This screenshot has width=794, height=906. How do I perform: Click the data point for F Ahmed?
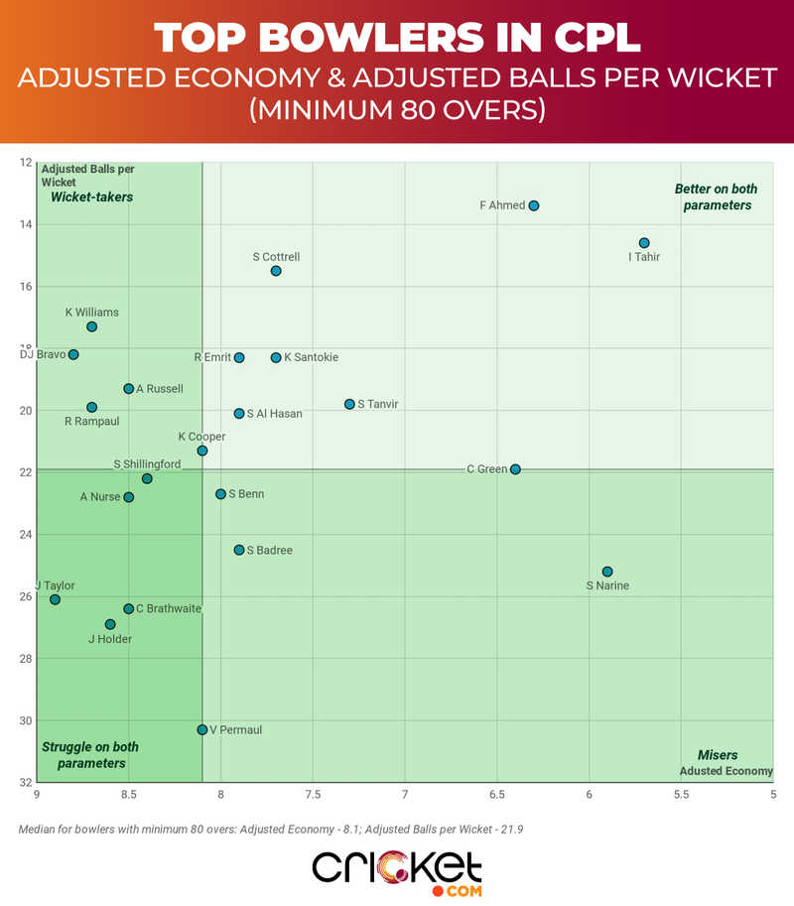pyautogui.click(x=534, y=205)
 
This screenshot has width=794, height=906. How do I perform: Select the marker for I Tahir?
pyautogui.click(x=644, y=243)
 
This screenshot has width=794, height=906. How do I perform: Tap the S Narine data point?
pyautogui.click(x=607, y=572)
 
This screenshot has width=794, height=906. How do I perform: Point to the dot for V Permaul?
pyautogui.click(x=202, y=729)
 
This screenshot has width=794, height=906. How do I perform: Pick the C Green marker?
pyautogui.click(x=515, y=469)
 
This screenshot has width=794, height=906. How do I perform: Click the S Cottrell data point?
pyautogui.click(x=276, y=271)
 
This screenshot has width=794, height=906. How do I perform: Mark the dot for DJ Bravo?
pyautogui.click(x=73, y=354)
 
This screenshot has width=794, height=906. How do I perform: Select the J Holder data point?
pyautogui.click(x=110, y=624)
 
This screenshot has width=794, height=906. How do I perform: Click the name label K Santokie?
pyautogui.click(x=311, y=357)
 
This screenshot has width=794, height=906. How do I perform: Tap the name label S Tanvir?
pyautogui.click(x=377, y=404)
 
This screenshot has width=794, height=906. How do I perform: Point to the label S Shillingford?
pyautogui.click(x=147, y=463)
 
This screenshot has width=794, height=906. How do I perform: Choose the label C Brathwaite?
pyautogui.click(x=169, y=608)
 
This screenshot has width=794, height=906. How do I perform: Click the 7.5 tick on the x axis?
pyautogui.click(x=313, y=795)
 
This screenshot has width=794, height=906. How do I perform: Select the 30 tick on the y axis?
pyautogui.click(x=25, y=720)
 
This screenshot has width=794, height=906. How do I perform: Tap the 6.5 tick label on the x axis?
pyautogui.click(x=496, y=795)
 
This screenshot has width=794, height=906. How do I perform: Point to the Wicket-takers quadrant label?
pyautogui.click(x=92, y=197)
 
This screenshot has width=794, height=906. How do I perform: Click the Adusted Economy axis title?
pyautogui.click(x=727, y=771)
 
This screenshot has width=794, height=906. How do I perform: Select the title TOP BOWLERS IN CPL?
pyautogui.click(x=397, y=38)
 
